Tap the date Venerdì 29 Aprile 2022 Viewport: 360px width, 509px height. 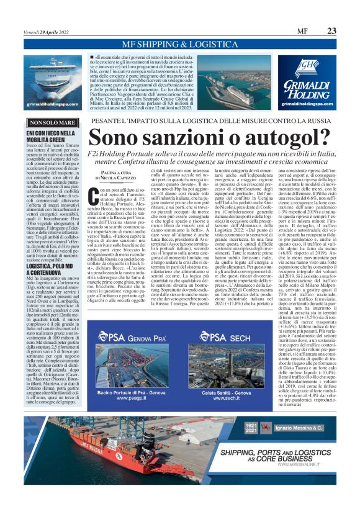50,31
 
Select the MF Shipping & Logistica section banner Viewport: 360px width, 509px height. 180,45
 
